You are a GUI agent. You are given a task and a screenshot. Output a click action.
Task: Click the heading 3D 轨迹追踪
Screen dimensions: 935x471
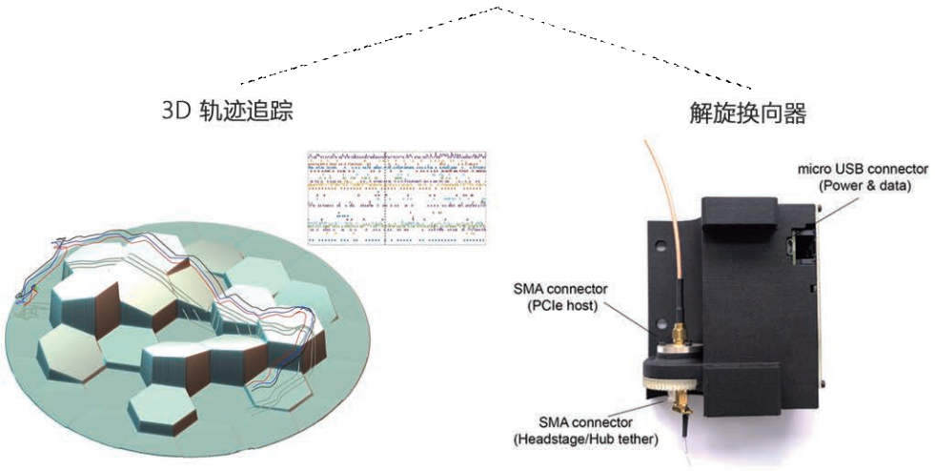[227, 112]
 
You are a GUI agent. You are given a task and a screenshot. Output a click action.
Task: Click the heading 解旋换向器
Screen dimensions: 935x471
[748, 113]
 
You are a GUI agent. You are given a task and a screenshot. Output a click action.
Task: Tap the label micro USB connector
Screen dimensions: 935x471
[863, 170]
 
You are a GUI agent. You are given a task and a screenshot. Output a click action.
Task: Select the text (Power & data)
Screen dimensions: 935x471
[864, 186]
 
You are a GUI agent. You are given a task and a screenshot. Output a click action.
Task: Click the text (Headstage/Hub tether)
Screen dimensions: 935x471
[585, 440]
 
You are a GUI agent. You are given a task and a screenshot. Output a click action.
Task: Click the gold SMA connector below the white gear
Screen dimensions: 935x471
[681, 407]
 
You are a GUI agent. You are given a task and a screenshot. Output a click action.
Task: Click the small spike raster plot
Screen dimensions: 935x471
[397, 197]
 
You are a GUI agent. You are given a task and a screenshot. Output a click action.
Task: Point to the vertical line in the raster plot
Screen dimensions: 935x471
[385, 197]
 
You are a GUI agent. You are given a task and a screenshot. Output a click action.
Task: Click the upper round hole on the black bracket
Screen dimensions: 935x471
[661, 245]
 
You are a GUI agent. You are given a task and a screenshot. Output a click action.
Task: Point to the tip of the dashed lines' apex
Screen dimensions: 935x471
[498, 8]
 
